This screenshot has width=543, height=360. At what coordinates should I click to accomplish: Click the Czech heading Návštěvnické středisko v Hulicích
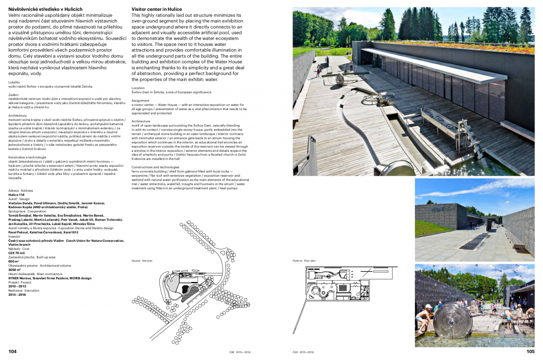45,9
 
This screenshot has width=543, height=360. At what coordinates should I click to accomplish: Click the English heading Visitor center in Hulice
157,9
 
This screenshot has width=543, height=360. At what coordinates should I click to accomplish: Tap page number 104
13,351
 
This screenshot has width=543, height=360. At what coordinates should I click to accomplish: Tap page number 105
530,351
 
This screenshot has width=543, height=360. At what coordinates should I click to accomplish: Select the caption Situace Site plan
142,261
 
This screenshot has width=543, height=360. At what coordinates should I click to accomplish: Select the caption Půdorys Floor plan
304,261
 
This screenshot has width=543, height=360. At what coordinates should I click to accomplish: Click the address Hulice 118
16,195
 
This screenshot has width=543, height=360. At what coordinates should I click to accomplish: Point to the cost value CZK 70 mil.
17,253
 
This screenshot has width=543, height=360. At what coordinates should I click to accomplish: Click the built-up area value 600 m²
14,262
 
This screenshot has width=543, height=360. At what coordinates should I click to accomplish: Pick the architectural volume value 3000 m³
15,270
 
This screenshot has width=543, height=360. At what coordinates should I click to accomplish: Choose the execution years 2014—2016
17,295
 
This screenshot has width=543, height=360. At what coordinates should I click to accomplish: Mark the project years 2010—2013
17,286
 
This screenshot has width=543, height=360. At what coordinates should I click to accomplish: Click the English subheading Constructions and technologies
155,167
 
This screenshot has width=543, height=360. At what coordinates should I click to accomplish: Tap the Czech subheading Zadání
14,95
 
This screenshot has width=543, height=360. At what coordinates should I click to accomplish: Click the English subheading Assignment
141,101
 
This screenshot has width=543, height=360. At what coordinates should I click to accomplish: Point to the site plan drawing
190,282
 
